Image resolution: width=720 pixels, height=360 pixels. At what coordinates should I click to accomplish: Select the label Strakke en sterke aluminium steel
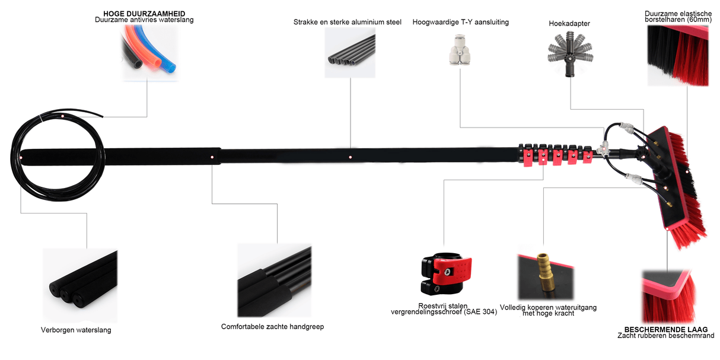347,22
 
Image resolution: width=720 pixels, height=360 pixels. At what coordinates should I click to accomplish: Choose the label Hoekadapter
569,24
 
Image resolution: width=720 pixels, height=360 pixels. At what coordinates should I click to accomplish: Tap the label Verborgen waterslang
76,330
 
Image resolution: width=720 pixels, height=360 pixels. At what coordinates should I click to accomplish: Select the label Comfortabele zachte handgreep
272,327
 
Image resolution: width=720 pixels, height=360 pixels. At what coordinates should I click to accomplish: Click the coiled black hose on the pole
56,154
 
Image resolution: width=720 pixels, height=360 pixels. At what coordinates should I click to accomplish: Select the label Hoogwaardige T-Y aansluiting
460,22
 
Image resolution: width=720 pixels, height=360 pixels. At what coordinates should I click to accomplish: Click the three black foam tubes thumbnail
81,282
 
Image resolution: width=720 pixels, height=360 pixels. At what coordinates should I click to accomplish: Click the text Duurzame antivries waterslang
144,20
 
